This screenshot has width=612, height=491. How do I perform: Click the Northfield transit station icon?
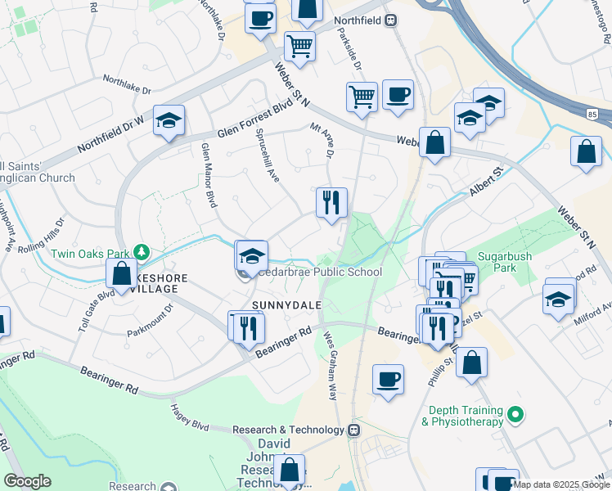391,20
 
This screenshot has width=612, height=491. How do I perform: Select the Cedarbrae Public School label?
322,272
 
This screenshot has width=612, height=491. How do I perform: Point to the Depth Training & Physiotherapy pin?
515,415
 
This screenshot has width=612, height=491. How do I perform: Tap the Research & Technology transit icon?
354,429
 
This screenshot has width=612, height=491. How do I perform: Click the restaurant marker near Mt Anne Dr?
331,202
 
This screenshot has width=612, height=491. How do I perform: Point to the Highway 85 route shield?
592,114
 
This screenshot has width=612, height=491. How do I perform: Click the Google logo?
28,480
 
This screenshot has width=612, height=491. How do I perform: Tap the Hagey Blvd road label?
190,417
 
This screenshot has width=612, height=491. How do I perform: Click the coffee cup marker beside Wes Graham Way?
388,379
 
